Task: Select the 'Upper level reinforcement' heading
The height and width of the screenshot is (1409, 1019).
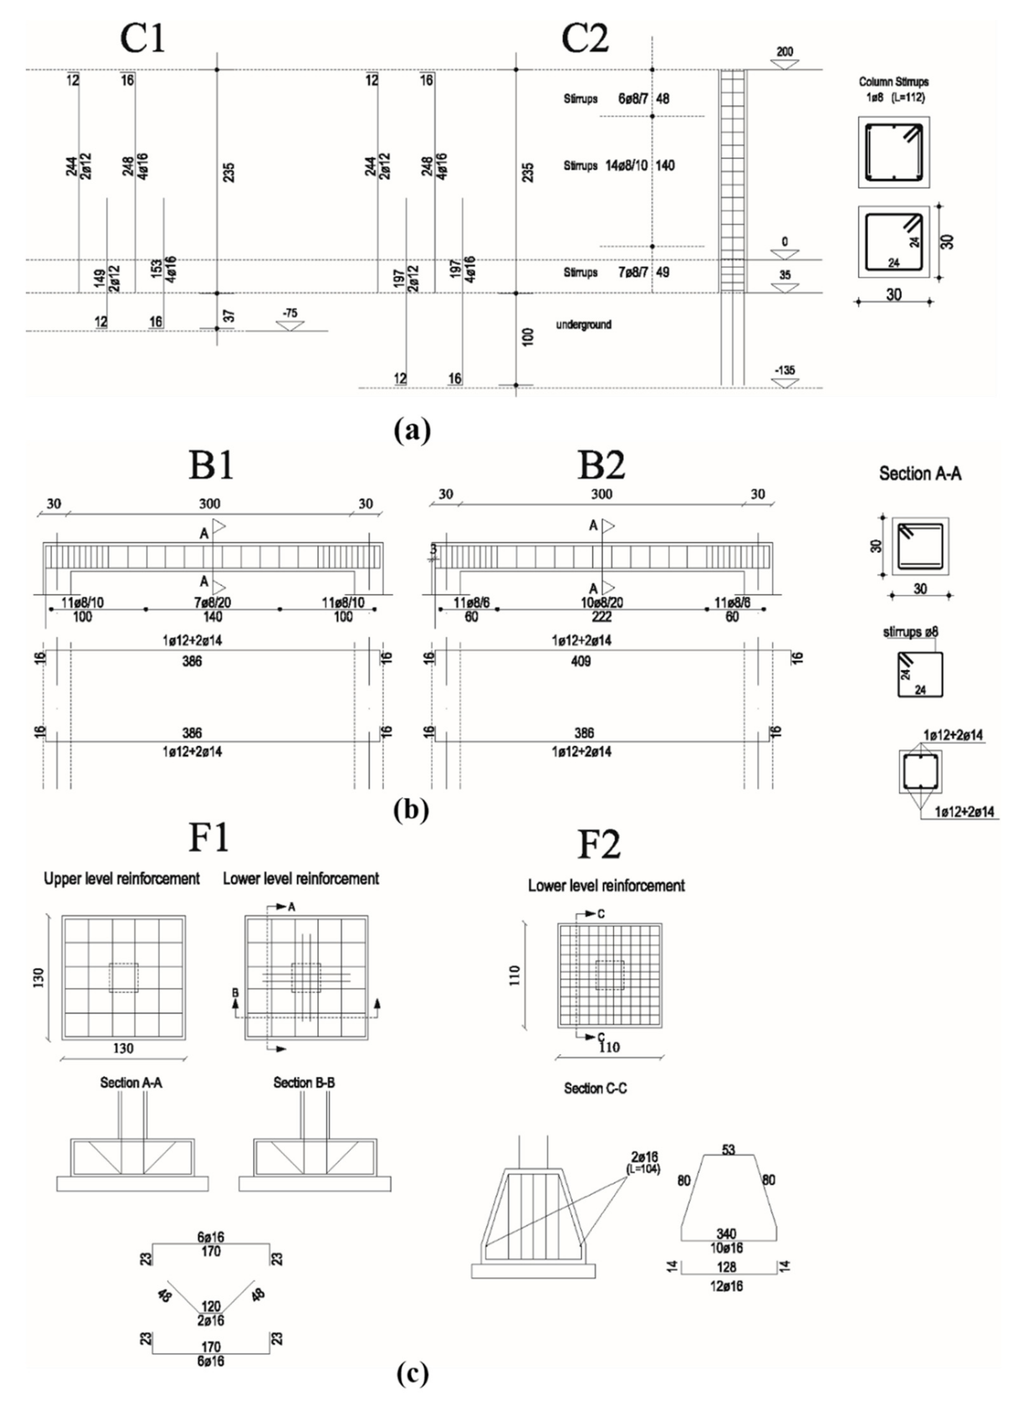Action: tap(122, 879)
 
